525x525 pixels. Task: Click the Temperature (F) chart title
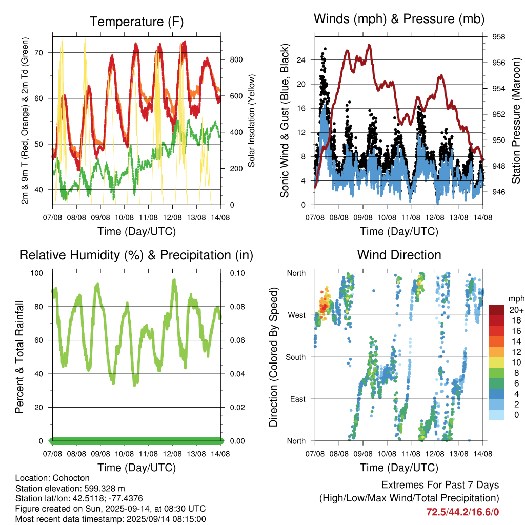coord(136,22)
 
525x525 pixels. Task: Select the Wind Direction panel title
coord(399,255)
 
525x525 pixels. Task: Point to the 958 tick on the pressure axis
coord(498,37)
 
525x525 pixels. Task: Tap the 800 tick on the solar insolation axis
coord(236,59)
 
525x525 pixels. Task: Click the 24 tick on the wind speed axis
coord(301,60)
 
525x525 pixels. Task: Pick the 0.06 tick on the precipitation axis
coord(237,340)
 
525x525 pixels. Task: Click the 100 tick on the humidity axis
coord(37,273)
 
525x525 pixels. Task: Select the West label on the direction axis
coord(297,315)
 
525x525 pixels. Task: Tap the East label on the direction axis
coord(298,399)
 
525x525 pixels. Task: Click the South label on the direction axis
coord(296,357)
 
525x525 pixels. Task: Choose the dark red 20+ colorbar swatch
coord(496,310)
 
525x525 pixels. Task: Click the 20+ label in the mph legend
coord(516,310)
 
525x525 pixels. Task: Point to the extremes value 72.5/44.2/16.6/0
coord(462,512)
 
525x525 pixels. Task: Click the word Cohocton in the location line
coord(71,478)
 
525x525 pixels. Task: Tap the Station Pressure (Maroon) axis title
coord(516,121)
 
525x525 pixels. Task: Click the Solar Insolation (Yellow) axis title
coord(251,120)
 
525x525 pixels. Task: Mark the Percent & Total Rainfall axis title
coord(19,357)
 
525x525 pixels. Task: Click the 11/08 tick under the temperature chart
coord(148,217)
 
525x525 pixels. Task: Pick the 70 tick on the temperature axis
coord(39,53)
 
